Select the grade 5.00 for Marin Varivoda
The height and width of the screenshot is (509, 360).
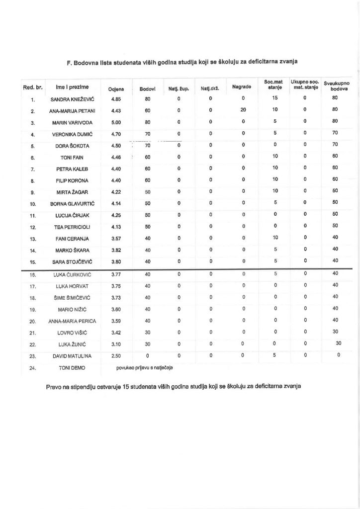coord(117,122)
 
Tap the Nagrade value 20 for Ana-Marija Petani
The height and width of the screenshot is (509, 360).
coord(244,110)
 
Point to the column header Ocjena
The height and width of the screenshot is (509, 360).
coord(116,88)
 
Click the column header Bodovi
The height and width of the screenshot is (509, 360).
coord(148,88)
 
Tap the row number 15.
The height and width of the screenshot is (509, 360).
coord(32,262)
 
